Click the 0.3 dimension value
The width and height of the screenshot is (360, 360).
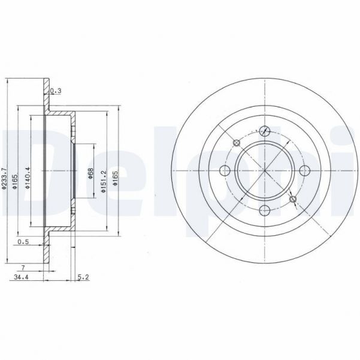56,90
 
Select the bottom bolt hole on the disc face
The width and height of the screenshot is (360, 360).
265,209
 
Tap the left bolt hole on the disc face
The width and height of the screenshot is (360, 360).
226,170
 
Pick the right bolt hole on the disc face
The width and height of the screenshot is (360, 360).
304,170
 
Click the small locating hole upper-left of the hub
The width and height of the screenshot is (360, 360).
237,143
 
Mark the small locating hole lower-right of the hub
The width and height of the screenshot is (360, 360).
293,198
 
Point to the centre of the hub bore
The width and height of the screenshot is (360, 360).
265,170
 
